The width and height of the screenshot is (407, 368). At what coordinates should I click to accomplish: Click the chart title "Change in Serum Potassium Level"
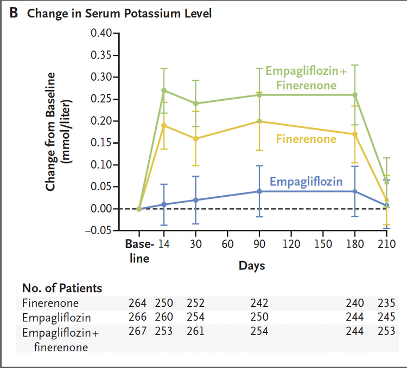(119, 14)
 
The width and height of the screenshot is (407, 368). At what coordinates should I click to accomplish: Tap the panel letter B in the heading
(15, 14)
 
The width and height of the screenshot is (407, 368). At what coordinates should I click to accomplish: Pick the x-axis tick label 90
(259, 244)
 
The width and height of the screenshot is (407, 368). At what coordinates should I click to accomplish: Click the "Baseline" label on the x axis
(139, 251)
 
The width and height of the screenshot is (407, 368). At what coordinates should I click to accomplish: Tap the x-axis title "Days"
(252, 266)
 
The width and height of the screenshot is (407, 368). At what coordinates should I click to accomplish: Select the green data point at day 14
(164, 91)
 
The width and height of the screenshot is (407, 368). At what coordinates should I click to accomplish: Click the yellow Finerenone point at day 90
(259, 121)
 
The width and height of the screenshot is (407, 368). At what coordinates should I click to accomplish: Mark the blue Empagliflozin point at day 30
(196, 200)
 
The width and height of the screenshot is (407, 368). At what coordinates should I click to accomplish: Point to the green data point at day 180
(355, 95)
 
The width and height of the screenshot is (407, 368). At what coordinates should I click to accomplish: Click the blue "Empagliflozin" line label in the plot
(306, 182)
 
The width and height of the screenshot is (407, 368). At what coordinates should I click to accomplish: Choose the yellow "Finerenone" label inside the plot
(306, 139)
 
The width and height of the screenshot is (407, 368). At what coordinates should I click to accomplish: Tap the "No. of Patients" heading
(62, 288)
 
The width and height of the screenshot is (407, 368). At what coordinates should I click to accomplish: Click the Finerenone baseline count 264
(139, 304)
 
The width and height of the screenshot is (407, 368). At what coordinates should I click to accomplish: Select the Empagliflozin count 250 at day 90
(259, 317)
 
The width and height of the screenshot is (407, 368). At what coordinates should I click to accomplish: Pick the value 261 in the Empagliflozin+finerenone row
(196, 331)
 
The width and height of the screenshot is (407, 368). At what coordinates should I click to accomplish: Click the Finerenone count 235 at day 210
(386, 304)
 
